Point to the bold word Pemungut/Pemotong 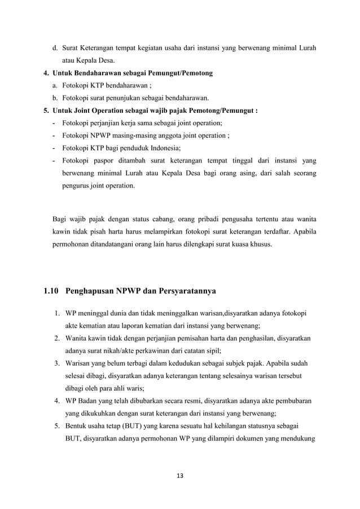tap(180, 73)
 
